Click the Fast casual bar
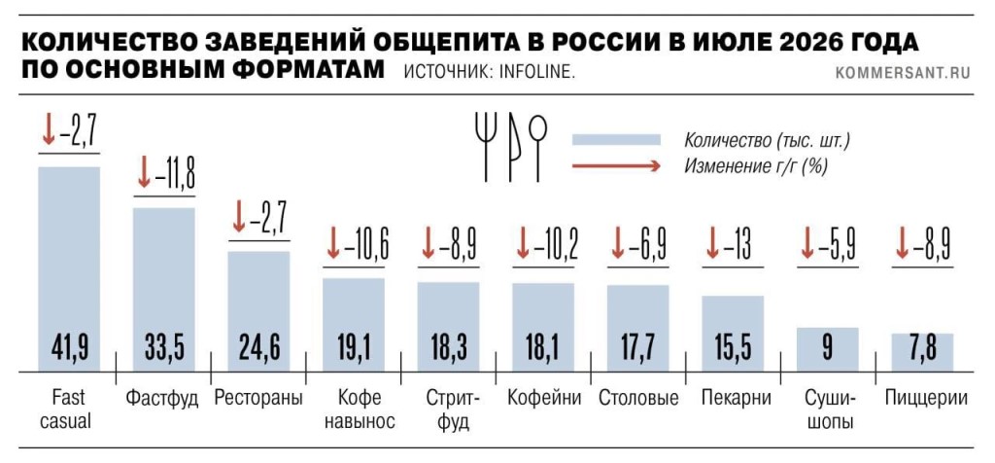click(x=69, y=268)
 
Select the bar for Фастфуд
click(x=163, y=290)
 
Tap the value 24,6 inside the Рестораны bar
click(x=258, y=348)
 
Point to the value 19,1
click(x=354, y=348)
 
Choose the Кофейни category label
click(x=544, y=399)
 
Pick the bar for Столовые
click(x=638, y=329)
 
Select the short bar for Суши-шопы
click(x=828, y=349)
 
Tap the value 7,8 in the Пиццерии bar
click(x=922, y=348)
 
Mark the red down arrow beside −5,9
click(x=806, y=245)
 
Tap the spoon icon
click(x=538, y=147)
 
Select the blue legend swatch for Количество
click(x=616, y=140)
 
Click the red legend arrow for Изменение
click(x=616, y=166)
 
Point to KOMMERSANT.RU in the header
click(x=903, y=73)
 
